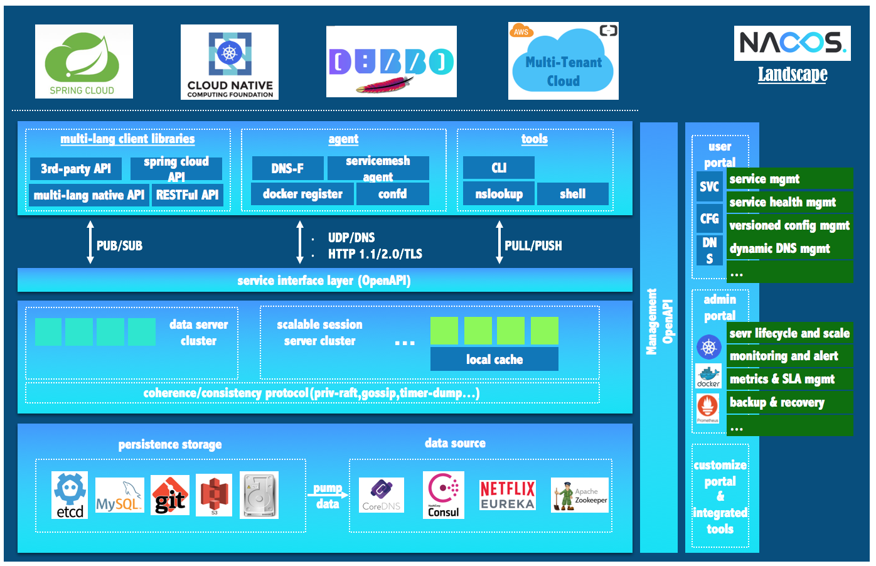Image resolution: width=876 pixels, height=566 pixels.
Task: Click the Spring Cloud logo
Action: point(83,61)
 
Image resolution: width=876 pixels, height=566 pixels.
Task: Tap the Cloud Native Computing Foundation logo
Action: point(230,62)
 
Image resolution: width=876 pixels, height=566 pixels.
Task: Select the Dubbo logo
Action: point(391,62)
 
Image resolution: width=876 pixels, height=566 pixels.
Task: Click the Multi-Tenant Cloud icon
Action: point(563,61)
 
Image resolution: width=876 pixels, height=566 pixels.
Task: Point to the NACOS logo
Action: point(792,43)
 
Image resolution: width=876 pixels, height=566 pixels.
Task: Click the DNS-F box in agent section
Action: point(287,168)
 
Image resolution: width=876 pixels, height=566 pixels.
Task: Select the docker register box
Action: point(302,194)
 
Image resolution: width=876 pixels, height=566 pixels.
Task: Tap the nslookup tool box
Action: point(498,194)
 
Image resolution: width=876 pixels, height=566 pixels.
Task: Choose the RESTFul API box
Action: point(187,195)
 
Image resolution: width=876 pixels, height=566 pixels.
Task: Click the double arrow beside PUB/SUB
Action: point(90,242)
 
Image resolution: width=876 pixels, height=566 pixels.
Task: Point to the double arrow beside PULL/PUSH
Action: point(499,242)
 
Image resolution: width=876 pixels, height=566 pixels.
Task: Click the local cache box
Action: point(494,360)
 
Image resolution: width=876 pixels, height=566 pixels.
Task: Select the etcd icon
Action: point(70,495)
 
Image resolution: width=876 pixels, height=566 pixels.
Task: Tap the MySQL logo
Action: point(119,496)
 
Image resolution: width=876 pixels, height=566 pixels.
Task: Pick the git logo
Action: point(170,496)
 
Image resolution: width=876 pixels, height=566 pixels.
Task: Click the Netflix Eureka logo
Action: point(507,495)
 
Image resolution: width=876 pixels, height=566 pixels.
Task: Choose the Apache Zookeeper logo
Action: point(580,495)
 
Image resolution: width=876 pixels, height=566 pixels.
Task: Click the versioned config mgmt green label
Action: point(789,225)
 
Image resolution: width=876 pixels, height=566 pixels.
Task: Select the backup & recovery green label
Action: point(789,402)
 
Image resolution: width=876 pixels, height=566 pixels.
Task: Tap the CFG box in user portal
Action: point(709,218)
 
